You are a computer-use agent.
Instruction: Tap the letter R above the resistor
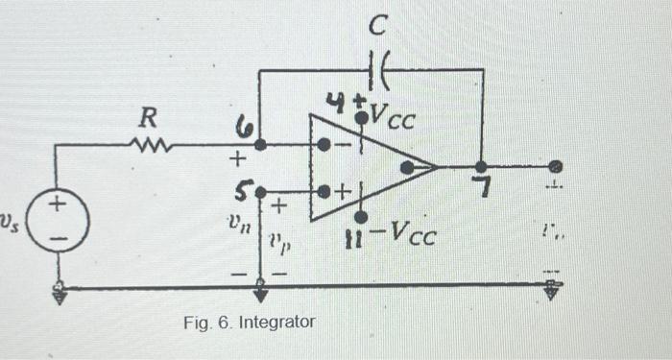coord(147,119)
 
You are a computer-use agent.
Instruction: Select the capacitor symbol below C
coord(376,69)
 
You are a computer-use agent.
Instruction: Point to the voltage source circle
coord(60,218)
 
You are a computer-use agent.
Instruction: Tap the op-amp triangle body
coord(370,168)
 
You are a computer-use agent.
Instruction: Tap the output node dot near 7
coord(481,166)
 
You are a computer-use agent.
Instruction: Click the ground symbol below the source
coord(60,294)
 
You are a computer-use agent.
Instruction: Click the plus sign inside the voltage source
coord(59,204)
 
